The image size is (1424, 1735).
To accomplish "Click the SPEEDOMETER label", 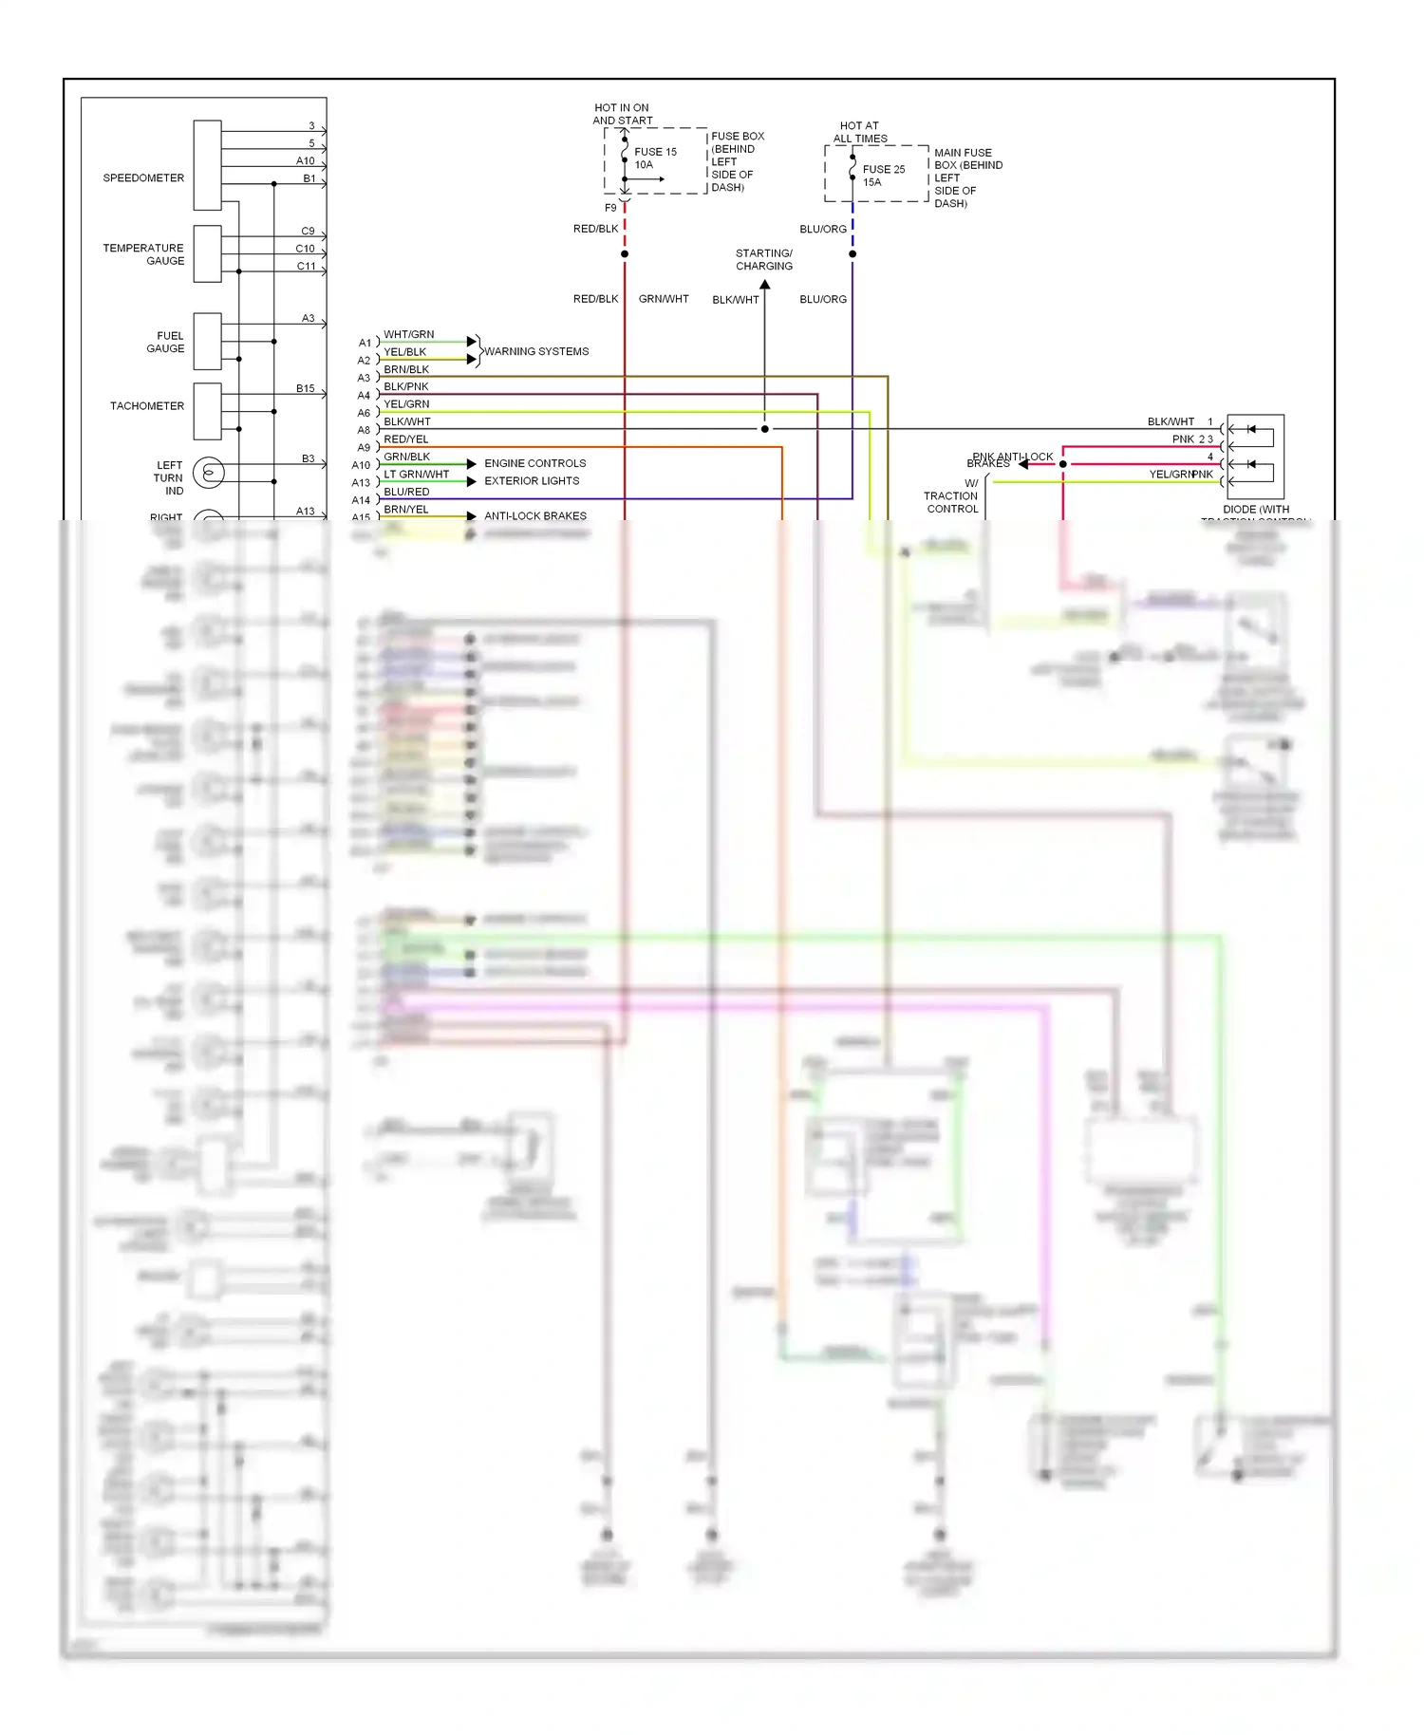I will point(143,177).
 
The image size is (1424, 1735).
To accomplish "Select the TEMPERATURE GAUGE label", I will point(144,254).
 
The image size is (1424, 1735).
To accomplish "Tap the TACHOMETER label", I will point(147,406).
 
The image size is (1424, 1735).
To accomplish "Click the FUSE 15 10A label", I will point(654,159).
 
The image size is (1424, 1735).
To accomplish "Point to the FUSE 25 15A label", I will point(883,176).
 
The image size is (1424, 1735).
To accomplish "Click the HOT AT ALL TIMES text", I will point(859,132).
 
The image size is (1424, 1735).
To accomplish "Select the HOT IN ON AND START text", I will point(622,114).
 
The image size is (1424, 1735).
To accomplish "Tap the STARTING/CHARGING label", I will point(763,260).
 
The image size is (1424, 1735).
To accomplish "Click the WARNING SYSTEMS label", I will point(536,351).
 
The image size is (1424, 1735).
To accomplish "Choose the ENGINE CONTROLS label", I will point(534,463).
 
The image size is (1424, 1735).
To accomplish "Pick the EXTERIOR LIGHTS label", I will point(532,481).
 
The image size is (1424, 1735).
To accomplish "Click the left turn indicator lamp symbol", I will point(209,472).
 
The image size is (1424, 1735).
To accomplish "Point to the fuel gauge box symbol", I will point(207,341).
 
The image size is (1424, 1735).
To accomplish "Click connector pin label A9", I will point(364,448).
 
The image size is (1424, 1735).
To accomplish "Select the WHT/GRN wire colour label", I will point(408,334).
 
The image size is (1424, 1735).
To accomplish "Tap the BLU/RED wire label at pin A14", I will point(406,492).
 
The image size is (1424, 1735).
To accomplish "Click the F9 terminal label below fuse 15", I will point(610,208).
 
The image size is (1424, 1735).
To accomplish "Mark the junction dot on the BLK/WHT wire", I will point(765,429).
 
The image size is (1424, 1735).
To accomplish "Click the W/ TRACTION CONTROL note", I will point(951,496).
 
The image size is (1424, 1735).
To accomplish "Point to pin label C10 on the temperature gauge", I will point(305,249).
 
